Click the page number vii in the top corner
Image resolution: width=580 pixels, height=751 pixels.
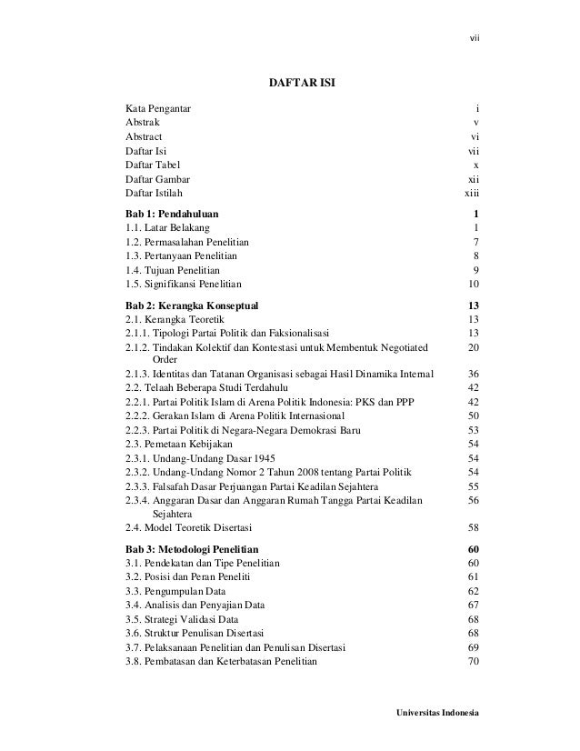point(473,38)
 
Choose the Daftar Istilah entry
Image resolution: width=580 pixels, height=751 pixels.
point(154,193)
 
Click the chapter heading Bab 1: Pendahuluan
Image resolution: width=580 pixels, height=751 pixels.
point(171,214)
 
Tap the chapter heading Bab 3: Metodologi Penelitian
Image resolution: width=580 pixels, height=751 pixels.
point(192,550)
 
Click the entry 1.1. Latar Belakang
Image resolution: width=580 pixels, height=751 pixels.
point(167,227)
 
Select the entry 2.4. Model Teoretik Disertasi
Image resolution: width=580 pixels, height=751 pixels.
point(189,527)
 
